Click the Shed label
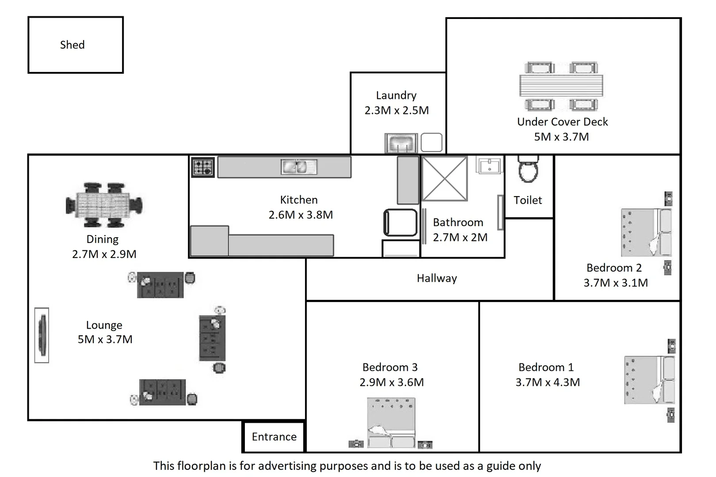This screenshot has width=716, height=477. (72, 45)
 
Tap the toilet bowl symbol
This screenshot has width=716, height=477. (529, 170)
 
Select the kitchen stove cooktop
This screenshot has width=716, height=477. (203, 167)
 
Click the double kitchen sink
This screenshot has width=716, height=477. (299, 167)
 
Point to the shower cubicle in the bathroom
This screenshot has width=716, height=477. (444, 178)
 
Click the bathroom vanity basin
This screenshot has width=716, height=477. (489, 166)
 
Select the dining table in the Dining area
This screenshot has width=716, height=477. (103, 205)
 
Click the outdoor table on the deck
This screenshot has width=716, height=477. (561, 86)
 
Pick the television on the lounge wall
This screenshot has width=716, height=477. (42, 335)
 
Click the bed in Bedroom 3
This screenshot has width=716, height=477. (391, 423)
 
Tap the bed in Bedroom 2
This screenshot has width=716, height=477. (646, 233)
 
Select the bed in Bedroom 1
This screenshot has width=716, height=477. (649, 380)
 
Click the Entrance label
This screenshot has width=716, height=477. (274, 437)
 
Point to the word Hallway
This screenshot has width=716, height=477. (437, 278)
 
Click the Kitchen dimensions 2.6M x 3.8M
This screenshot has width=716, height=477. (301, 215)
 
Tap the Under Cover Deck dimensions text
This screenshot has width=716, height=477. (561, 137)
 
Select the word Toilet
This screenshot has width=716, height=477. (528, 200)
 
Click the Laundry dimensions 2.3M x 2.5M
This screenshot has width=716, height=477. (396, 110)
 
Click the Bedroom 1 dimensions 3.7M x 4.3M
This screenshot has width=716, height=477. (548, 382)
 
